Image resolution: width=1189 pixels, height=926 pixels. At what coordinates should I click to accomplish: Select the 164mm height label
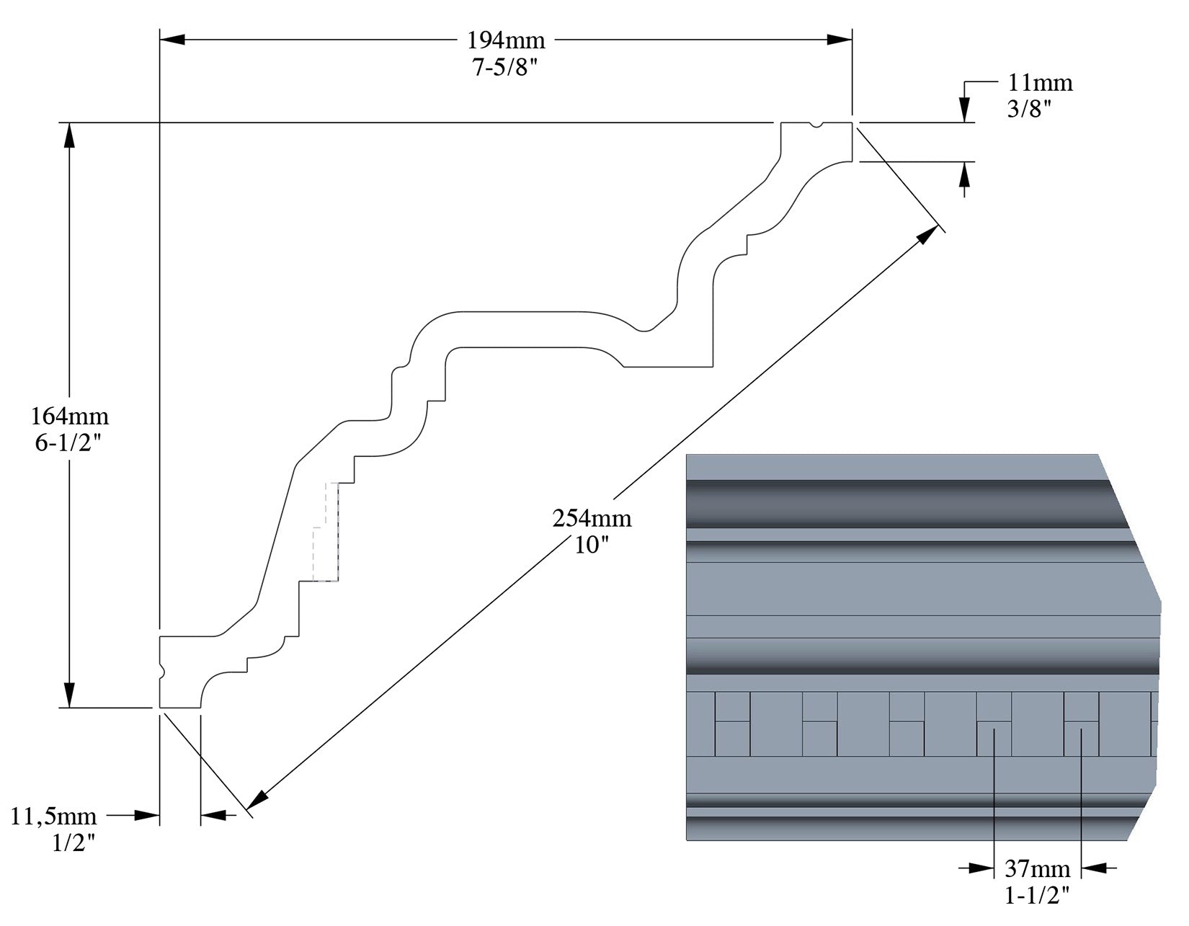coord(70,416)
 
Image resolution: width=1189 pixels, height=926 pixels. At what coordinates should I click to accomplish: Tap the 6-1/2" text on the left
coord(70,442)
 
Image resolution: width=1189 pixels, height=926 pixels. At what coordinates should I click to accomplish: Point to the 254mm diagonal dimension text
coord(592,517)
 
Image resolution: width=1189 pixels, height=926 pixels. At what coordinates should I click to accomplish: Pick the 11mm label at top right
coord(1040,83)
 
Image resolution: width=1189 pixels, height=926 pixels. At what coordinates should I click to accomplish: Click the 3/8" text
coord(1030,109)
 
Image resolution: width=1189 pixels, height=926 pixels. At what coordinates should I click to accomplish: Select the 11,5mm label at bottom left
coord(54,816)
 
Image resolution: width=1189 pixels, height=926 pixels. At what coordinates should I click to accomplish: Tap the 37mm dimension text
coord(1037,868)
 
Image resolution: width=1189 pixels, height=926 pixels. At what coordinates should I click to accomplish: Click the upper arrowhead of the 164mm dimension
coord(70,137)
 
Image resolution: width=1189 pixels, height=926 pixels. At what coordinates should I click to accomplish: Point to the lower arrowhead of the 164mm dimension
coord(70,693)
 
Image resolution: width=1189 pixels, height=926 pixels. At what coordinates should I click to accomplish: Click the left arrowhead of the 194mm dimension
coord(173,40)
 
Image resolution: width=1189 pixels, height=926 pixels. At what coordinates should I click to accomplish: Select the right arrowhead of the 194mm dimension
coord(839,40)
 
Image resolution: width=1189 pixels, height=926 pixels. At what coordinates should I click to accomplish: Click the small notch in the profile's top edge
coord(816,126)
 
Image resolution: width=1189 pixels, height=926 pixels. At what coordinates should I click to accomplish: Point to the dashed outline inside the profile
coord(328,533)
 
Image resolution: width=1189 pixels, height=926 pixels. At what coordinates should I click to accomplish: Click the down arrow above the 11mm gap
coord(965,108)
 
